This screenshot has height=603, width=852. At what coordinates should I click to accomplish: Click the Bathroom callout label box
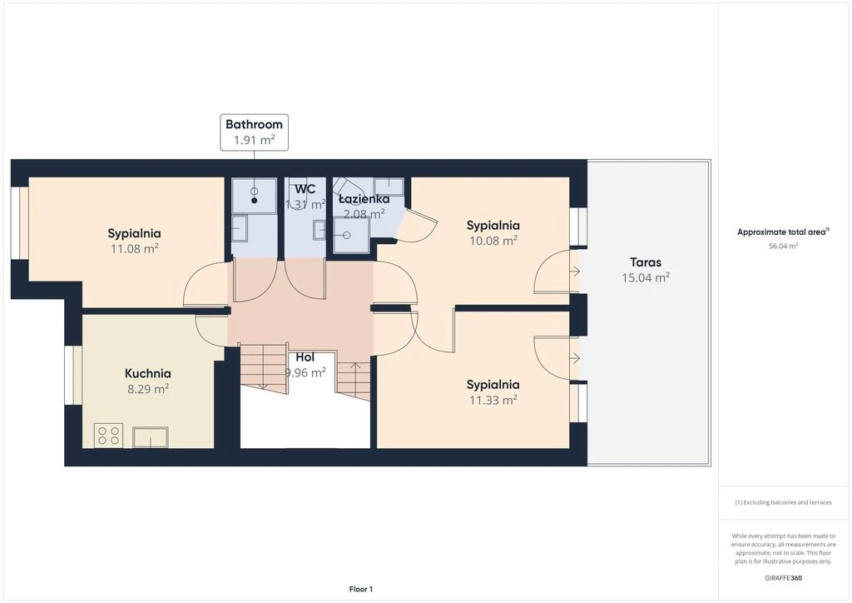coord(254,132)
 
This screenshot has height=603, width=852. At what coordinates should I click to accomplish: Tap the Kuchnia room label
coord(148,374)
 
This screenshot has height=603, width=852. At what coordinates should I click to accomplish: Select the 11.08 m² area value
coord(134,248)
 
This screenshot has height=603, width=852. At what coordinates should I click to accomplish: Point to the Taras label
coord(646,262)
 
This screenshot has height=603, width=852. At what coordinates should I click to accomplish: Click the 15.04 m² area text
coord(646,277)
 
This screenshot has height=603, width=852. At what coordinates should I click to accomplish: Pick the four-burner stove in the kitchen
coord(108,436)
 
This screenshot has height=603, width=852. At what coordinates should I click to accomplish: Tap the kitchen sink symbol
coord(151,437)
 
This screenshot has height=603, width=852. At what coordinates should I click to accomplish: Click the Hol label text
coord(305,357)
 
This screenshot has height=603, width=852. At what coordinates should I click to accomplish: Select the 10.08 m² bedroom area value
coord(493,241)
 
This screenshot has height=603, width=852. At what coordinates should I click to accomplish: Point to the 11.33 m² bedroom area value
coord(493,400)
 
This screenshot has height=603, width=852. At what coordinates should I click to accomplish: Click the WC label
coord(305,189)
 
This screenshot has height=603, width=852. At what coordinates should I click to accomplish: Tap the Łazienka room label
coord(364,199)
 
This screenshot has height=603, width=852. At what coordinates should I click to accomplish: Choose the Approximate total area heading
coord(783,232)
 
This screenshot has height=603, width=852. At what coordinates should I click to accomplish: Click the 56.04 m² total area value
coord(783,246)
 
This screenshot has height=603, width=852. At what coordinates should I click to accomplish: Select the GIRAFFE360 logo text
coord(783,578)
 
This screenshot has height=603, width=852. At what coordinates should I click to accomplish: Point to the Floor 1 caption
coord(361,590)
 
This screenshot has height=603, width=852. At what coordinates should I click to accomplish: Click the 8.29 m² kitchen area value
coord(148,389)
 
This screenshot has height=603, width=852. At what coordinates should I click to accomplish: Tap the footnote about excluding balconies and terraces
coord(783,502)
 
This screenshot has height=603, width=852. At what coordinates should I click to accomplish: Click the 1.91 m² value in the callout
coord(254,140)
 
